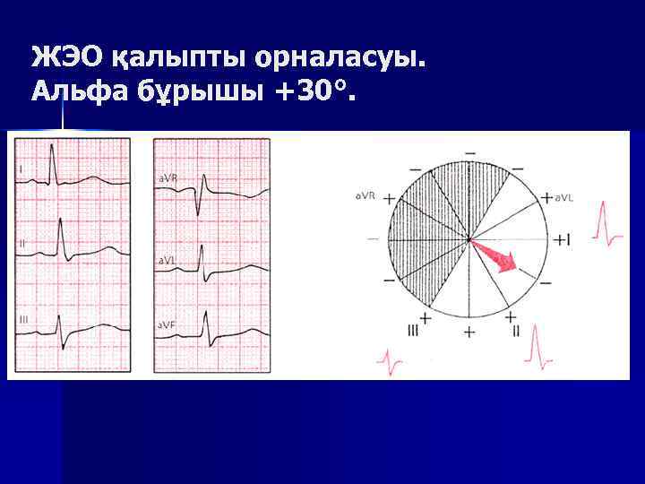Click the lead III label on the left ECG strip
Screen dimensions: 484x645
pos(22,319)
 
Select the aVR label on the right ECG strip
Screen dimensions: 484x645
pos(168,178)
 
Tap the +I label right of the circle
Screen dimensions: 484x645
pos(562,239)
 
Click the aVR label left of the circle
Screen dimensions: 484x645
pos(365,194)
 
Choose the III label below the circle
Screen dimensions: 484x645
pos(413,331)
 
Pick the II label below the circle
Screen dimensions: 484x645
pos(516,331)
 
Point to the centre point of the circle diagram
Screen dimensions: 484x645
pos(469,238)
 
